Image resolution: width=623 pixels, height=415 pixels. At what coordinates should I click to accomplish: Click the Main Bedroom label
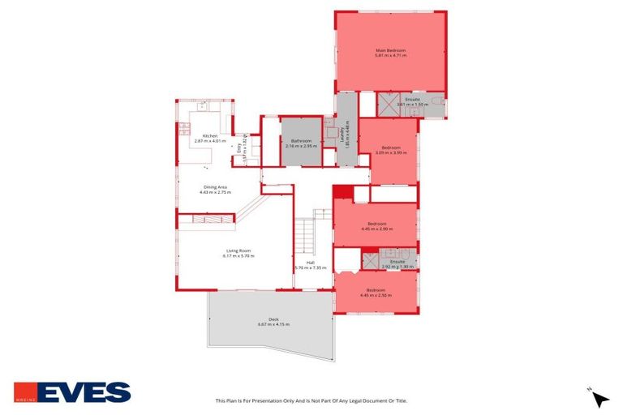click(x=390, y=50)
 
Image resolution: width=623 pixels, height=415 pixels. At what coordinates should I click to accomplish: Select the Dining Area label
click(x=216, y=187)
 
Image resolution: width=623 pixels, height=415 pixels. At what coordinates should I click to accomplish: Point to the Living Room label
click(x=238, y=250)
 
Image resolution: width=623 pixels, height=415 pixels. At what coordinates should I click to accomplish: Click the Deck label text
click(x=273, y=319)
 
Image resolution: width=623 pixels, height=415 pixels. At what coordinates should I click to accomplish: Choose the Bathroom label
click(x=300, y=141)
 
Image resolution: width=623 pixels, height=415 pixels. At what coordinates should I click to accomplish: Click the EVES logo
click(x=72, y=392)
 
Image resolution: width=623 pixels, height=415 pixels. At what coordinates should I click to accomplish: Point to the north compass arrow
click(x=599, y=398)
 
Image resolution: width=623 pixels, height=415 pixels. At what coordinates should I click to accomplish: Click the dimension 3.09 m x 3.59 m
click(x=390, y=152)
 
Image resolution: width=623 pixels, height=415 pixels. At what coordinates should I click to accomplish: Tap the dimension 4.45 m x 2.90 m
click(x=376, y=229)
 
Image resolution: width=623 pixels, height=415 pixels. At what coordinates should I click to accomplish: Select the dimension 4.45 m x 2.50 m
click(x=376, y=295)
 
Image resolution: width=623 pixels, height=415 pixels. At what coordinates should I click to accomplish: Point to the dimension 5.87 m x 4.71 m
click(x=390, y=56)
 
